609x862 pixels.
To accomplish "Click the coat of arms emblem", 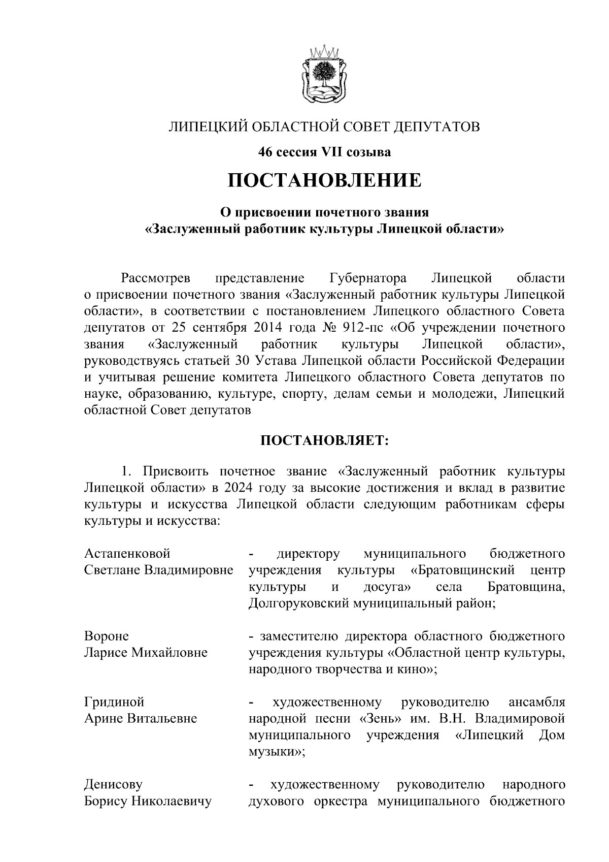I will (323, 75).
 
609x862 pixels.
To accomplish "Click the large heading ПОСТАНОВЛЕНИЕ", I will (324, 180).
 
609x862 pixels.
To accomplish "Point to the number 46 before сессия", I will (265, 151).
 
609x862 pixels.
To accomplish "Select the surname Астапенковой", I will (127, 553).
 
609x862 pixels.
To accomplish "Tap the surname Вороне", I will (107, 636).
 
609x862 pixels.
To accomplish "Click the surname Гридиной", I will (114, 702).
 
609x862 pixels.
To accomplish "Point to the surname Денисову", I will (113, 785).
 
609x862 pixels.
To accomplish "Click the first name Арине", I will (103, 719).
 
